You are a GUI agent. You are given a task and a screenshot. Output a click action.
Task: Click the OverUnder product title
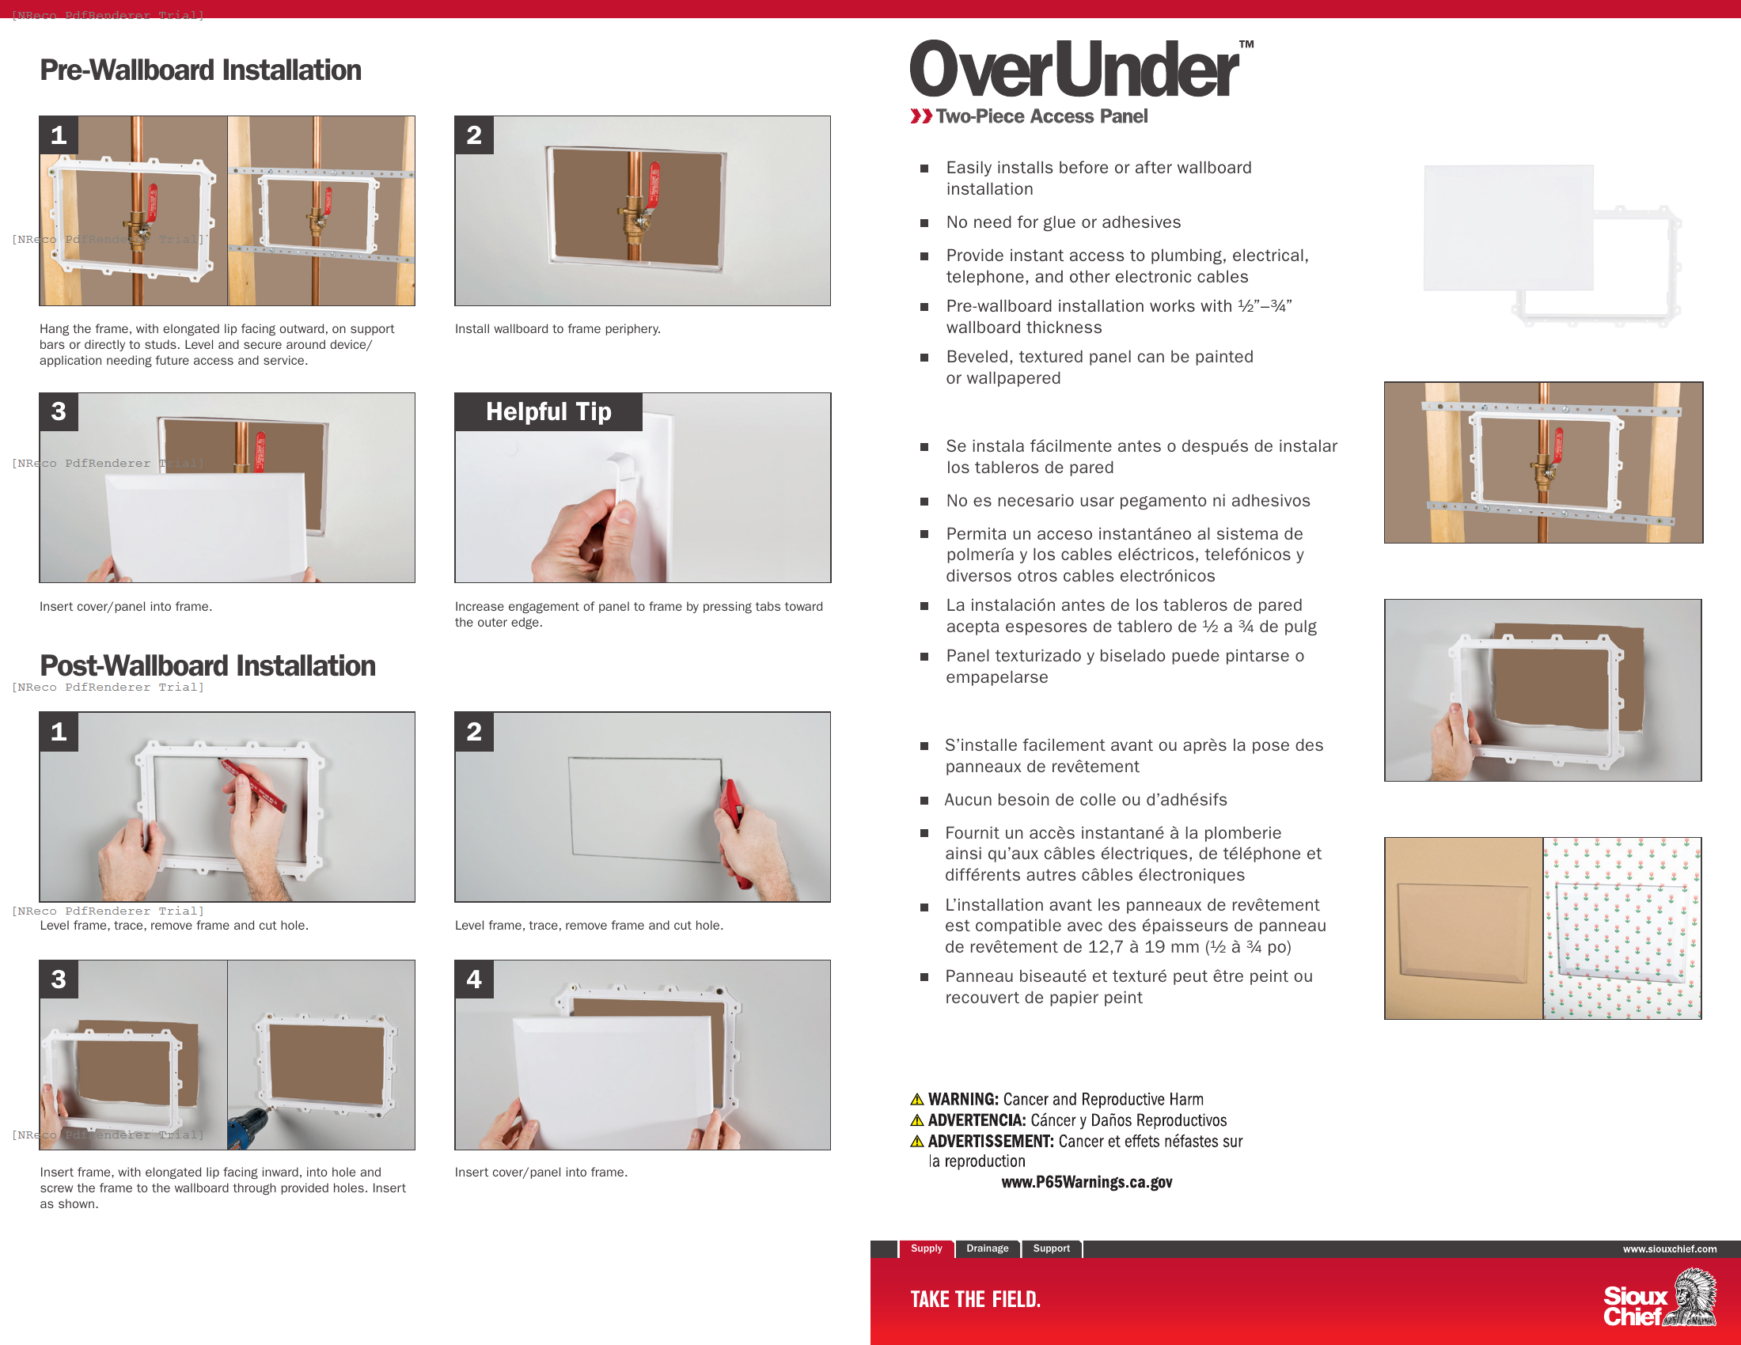pos(1074,70)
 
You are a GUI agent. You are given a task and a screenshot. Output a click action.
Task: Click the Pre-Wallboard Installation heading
pos(200,70)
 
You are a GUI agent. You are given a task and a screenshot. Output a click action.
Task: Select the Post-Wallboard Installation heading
pos(207,665)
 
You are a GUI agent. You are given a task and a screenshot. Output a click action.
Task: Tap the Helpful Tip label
pos(548,411)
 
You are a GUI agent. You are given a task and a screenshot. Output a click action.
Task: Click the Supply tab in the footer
pos(926,1248)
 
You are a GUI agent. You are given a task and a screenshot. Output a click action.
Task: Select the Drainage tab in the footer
pos(987,1248)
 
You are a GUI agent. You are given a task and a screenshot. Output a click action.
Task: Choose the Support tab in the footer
pos(1051,1248)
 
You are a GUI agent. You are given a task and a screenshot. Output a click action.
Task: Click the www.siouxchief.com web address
pos(1669,1248)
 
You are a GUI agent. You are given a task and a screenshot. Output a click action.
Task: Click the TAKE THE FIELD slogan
pos(975,1300)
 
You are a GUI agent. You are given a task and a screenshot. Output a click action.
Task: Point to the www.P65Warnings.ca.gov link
pos(1087,1182)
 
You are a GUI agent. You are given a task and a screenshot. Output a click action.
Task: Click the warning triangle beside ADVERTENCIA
pos(916,1120)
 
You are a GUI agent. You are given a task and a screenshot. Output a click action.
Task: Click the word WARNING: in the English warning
pos(963,1099)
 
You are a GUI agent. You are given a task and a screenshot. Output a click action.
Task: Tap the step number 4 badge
pos(473,979)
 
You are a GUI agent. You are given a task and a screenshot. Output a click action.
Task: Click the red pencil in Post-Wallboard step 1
pos(253,785)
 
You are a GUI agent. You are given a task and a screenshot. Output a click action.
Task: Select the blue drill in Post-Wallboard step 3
pos(247,1128)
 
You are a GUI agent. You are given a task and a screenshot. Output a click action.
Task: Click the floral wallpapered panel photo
pos(1622,927)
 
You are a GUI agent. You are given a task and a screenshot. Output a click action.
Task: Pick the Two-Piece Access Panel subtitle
pos(1041,116)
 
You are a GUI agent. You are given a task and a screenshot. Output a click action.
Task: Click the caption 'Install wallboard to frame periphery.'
pos(557,328)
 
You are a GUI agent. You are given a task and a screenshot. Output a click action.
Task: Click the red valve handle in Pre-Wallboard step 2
pos(654,184)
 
